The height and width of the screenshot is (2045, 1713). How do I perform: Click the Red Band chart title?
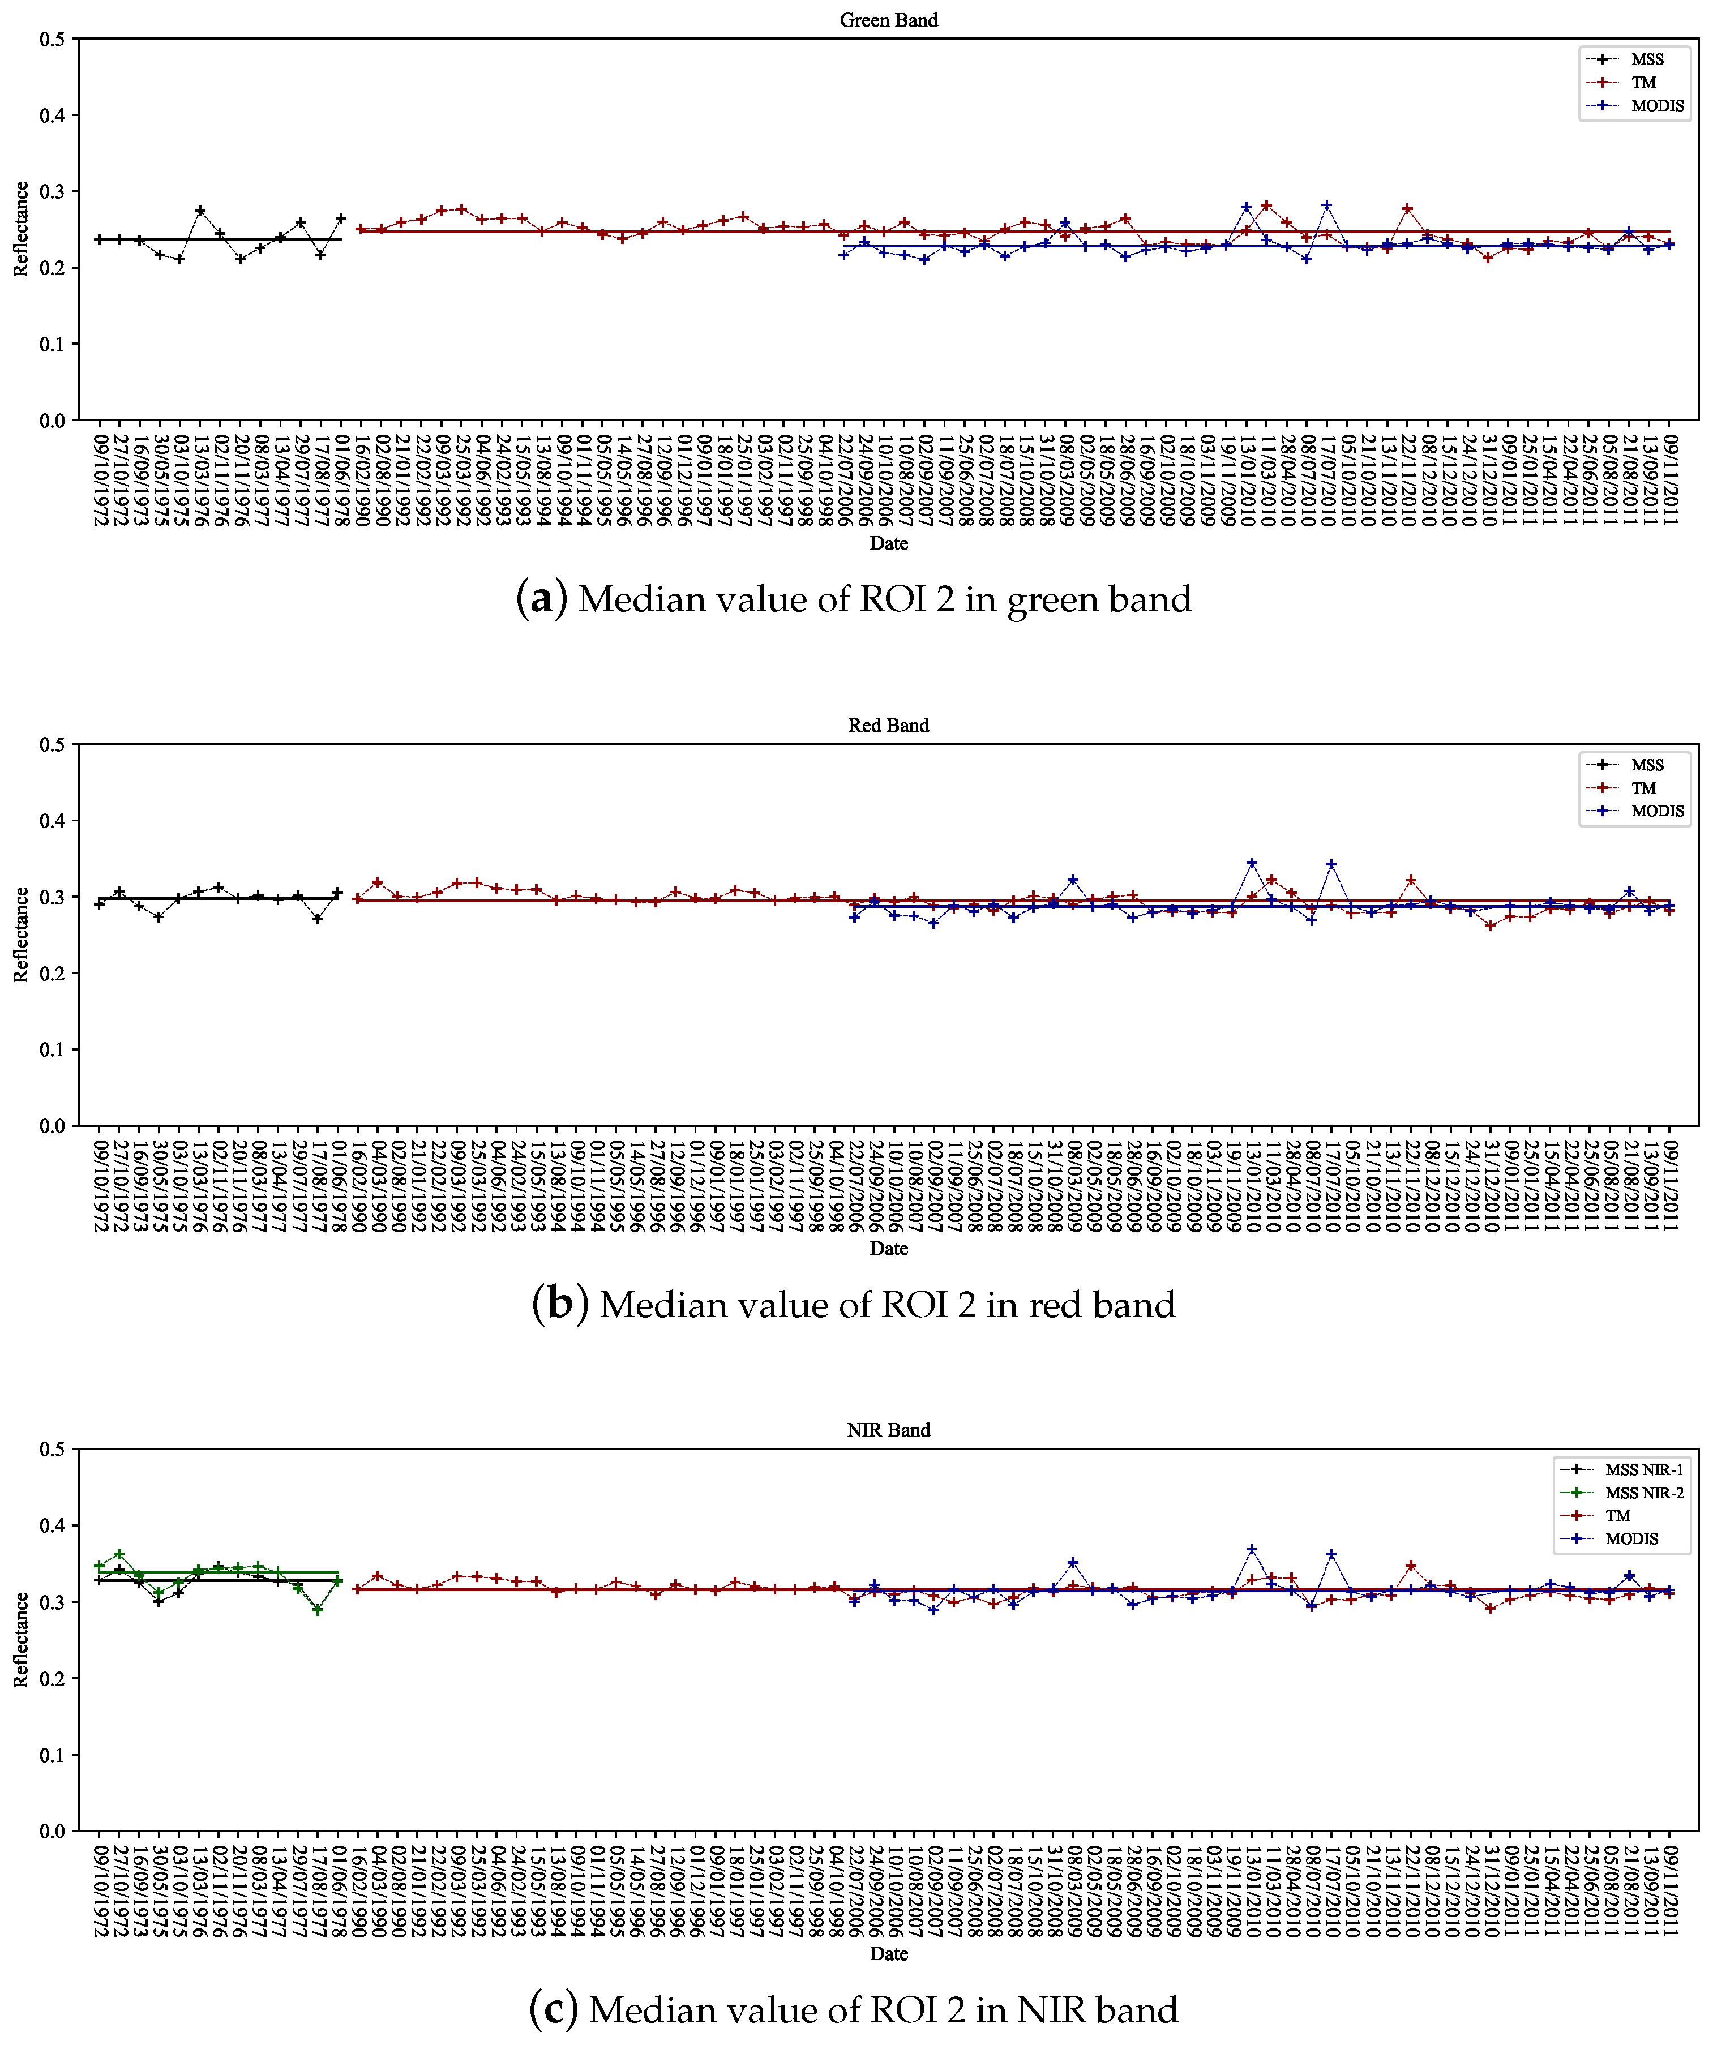coord(888,726)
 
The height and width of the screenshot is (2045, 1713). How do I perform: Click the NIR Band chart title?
coord(888,1430)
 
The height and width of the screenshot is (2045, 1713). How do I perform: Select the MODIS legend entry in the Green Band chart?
coord(1656,105)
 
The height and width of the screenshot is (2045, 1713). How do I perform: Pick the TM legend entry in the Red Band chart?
coord(1643,788)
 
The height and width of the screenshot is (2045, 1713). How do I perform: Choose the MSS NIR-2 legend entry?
coord(1644,1492)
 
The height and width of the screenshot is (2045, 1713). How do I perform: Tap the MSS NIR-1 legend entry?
coord(1644,1469)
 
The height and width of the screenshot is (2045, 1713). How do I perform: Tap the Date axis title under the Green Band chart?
coord(888,543)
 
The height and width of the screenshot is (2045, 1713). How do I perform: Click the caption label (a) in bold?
coord(541,599)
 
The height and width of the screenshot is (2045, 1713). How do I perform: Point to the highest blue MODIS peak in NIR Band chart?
coord(1252,1549)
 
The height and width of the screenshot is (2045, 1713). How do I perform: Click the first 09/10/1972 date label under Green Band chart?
coord(99,472)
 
